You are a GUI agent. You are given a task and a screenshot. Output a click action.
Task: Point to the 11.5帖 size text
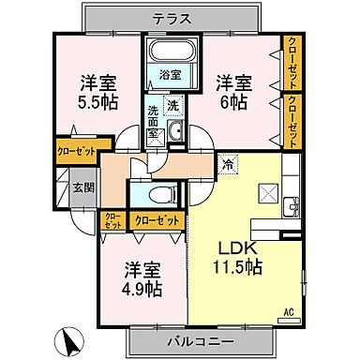pyautogui.click(x=240, y=266)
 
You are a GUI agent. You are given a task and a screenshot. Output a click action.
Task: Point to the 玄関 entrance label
pyautogui.click(x=82, y=187)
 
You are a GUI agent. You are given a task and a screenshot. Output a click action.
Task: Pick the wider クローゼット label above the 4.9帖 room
pyautogui.click(x=156, y=220)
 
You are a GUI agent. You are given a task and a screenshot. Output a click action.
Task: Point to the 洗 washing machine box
pyautogui.click(x=172, y=106)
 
